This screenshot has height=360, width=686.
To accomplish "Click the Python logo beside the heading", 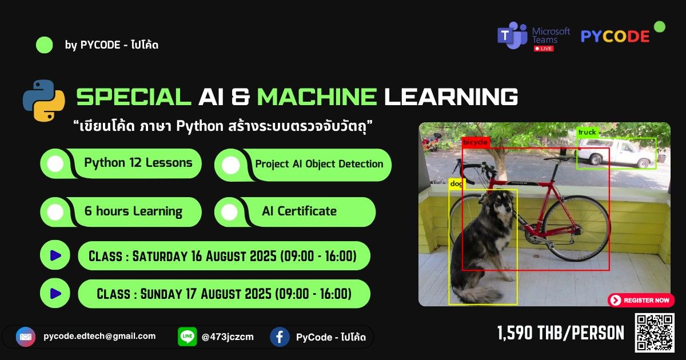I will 44,100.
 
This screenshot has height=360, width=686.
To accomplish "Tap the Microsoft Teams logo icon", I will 512,35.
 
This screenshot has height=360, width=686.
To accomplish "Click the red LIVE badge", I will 543,49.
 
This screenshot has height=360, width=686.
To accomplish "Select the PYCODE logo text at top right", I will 615,36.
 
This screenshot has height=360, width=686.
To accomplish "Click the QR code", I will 655,332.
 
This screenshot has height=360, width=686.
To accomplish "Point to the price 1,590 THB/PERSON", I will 560,333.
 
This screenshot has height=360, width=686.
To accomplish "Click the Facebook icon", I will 280,337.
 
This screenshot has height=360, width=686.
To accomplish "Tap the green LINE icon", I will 187,337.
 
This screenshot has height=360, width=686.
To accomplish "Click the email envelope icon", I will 26,337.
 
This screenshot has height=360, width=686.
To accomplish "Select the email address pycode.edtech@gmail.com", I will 99,336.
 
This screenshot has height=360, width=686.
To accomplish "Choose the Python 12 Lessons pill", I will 121,163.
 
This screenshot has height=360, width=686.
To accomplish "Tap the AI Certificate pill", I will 295,211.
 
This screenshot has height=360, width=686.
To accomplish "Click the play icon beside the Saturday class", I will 55,255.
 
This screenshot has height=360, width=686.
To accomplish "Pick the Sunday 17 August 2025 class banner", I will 224,294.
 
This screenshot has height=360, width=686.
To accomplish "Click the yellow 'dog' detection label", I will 456,184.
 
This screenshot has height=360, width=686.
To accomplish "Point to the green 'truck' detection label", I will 587,133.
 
